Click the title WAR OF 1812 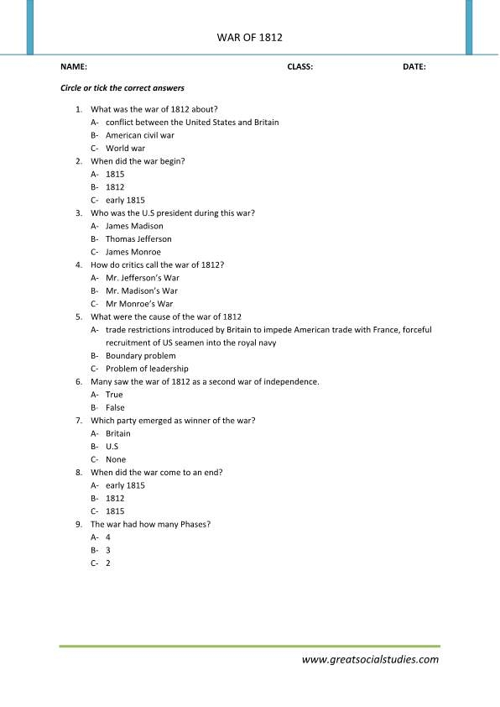tap(249, 38)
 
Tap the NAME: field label tap(74, 66)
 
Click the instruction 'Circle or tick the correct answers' tap(122, 87)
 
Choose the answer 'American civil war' tap(139, 135)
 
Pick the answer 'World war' tap(125, 148)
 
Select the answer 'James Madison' tap(134, 226)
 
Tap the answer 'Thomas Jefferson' tap(138, 239)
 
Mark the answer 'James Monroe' tap(133, 252)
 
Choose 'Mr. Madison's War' tap(142, 291)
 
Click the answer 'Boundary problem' tap(140, 355)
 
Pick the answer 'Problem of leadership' tap(147, 369)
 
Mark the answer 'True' tap(114, 395)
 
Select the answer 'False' tap(115, 407)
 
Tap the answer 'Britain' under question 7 tap(118, 433)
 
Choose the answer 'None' tap(116, 459)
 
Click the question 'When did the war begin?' tap(138, 161)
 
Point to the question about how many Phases tap(150, 524)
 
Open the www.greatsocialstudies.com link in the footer tap(370, 659)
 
